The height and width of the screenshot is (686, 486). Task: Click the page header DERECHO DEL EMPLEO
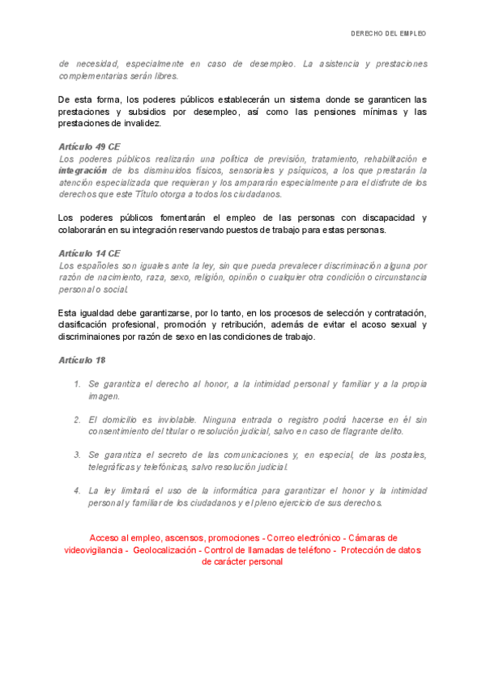point(388,34)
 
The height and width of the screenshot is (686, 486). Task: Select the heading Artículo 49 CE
point(89,147)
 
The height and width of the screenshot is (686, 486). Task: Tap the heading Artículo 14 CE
point(89,253)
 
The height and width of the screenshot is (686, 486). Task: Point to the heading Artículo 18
point(82,359)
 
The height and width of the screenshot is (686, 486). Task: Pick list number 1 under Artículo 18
point(77,384)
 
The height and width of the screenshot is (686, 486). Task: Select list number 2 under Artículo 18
point(77,420)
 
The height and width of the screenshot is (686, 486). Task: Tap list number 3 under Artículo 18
point(77,455)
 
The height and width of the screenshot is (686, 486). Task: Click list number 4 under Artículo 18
point(77,491)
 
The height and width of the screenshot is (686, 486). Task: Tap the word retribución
point(235,324)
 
